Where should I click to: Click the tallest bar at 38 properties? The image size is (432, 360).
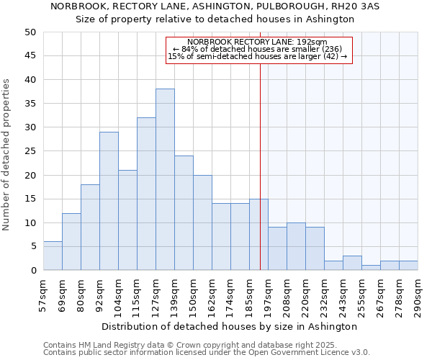(165, 180)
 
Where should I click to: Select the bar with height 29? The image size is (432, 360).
(109, 202)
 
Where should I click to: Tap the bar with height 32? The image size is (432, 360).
(146, 194)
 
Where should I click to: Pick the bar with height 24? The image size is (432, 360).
(184, 213)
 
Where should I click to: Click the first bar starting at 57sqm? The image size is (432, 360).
(53, 256)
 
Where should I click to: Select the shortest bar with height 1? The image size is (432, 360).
(371, 268)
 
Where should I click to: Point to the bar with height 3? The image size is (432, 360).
(352, 264)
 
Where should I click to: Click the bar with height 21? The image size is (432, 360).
(127, 220)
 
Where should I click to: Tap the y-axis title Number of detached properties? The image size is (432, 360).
(7, 155)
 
